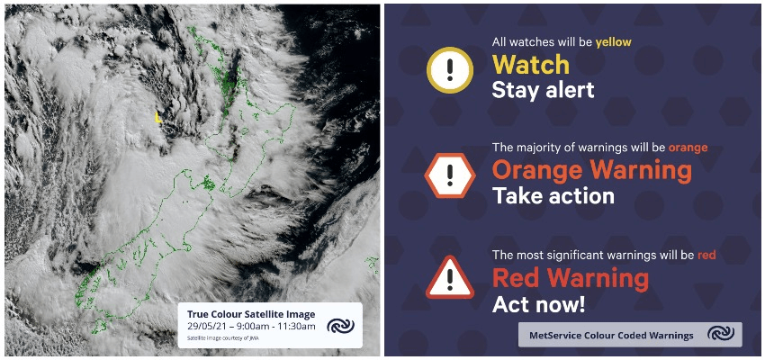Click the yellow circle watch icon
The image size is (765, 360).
click(450, 70)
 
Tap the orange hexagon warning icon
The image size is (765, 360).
click(450, 175)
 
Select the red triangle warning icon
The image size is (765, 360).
click(450, 277)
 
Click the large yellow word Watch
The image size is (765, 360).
click(530, 65)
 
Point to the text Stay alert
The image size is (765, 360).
click(543, 90)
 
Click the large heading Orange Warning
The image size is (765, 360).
click(592, 170)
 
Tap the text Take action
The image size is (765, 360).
click(553, 195)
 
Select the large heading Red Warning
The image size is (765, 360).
click(571, 278)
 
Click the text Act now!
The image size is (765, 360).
click(538, 304)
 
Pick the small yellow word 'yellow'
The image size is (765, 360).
click(613, 42)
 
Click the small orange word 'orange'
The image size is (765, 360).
click(688, 148)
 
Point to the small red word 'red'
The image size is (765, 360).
click(706, 254)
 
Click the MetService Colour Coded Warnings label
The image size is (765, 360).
click(611, 336)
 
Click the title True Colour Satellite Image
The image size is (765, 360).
click(251, 315)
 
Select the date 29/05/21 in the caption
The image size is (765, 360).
click(205, 327)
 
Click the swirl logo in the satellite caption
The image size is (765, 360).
click(340, 326)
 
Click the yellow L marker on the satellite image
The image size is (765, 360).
click(157, 117)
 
